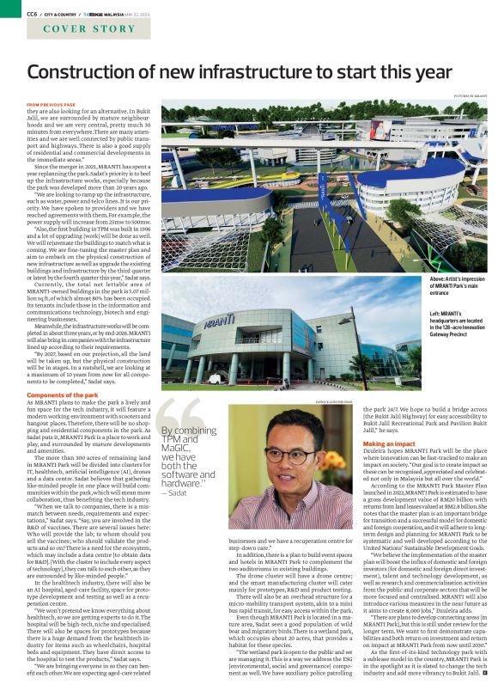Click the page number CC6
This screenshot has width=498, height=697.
tap(33, 14)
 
